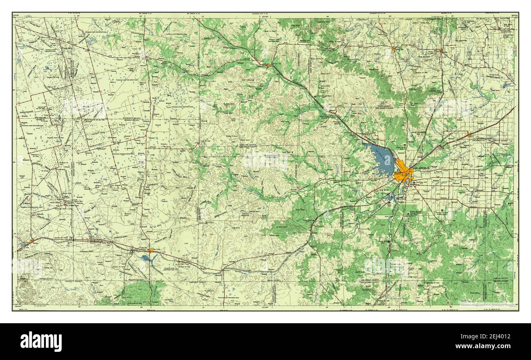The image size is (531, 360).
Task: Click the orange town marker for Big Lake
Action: tap(151, 250)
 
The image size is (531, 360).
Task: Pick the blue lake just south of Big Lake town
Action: tap(147, 258)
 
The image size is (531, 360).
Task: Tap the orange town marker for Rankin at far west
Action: tap(31, 241)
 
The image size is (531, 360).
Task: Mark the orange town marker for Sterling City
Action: tap(268, 65)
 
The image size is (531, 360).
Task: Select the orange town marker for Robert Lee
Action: tap(393, 49)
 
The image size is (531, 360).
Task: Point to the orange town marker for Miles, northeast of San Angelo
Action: tap(469, 134)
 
